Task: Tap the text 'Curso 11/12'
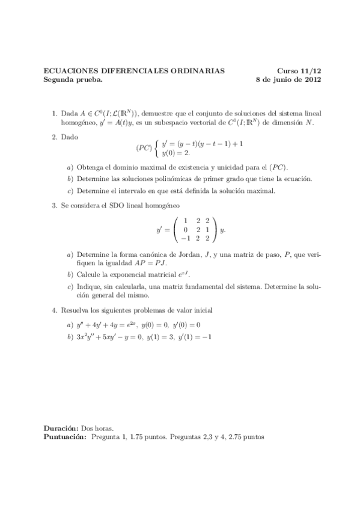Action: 299,70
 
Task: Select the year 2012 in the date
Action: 312,79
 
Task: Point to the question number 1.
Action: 55,112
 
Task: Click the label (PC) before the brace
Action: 144,148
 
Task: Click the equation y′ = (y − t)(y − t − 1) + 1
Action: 202,143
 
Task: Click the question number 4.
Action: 55,310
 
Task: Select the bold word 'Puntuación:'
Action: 65,437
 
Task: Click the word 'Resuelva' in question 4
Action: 76,310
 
